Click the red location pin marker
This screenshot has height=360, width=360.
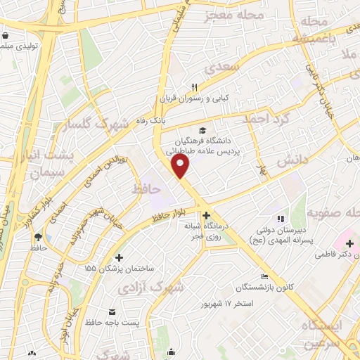tap(181, 166)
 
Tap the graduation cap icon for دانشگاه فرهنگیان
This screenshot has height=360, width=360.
tap(202, 130)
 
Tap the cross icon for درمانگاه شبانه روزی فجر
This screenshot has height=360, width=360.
tap(205, 215)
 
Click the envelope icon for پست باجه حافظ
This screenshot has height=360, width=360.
tap(112, 311)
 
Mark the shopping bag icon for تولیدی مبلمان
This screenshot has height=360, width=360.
tap(6, 34)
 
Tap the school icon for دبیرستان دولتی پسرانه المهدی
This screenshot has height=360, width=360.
tap(281, 219)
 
